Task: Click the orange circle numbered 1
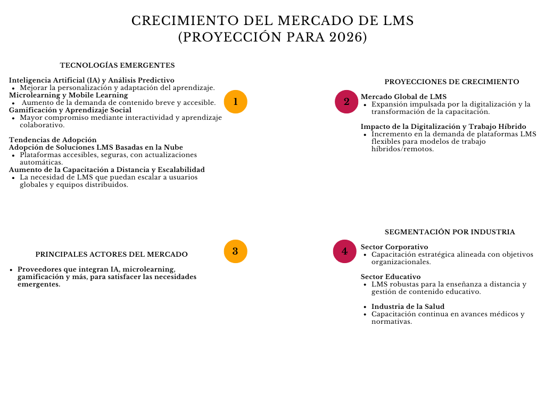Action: pos(235,102)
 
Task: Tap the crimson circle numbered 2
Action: pos(346,102)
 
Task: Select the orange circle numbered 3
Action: pos(235,251)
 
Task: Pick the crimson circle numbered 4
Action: pos(344,251)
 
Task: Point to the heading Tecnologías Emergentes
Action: pos(117,66)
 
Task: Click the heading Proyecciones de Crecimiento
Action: pos(451,82)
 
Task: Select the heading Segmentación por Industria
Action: pos(450,232)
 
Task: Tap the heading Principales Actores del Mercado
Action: pos(111,255)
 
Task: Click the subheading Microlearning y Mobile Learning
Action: pos(69,95)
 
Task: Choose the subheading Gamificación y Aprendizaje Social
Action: pos(70,110)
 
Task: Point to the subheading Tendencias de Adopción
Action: pos(53,140)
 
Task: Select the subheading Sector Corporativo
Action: pos(394,247)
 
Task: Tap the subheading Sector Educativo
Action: pos(391,277)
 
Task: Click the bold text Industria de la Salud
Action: pos(408,307)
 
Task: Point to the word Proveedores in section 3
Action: pos(40,269)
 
